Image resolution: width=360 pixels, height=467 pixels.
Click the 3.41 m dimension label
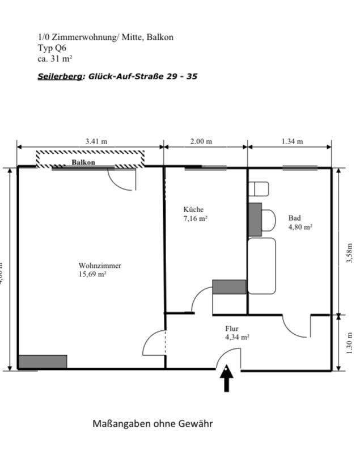point(96,141)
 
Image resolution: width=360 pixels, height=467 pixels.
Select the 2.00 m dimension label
point(201,141)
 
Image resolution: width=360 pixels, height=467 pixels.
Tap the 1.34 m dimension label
point(292,141)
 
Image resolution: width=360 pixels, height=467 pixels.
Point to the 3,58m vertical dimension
point(349,254)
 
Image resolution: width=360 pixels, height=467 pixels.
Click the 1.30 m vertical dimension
point(349,343)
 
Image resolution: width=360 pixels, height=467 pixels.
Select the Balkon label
point(83,162)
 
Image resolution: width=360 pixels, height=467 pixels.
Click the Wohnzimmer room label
point(100,265)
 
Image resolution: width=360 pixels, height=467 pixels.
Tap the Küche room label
point(193,209)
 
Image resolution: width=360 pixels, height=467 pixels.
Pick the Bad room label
point(294,218)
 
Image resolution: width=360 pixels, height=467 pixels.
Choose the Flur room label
point(232,328)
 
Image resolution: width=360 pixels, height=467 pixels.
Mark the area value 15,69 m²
point(92,274)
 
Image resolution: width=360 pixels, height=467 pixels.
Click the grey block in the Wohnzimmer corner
point(43,361)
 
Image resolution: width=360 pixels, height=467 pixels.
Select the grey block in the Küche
point(230,287)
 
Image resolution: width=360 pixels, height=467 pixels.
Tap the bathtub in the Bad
point(262,266)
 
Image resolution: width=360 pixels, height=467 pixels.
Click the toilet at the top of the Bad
point(261,189)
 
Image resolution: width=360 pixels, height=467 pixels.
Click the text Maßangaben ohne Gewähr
point(153,423)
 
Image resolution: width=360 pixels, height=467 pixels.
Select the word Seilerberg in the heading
point(60,75)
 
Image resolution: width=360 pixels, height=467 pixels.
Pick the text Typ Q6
point(52,48)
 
